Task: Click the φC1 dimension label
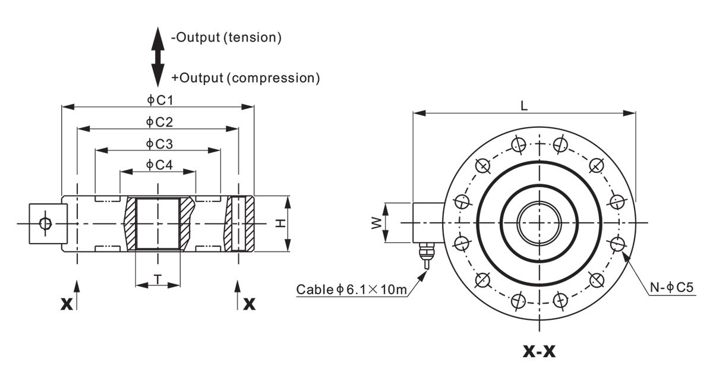(159, 99)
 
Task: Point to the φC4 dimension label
(159, 165)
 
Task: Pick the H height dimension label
(280, 224)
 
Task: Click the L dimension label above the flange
(524, 105)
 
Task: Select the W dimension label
(376, 222)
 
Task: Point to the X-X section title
(539, 351)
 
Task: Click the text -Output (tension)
(226, 38)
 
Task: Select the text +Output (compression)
(245, 77)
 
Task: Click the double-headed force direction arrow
(157, 57)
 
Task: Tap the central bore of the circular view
(540, 222)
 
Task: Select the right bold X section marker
(250, 304)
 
